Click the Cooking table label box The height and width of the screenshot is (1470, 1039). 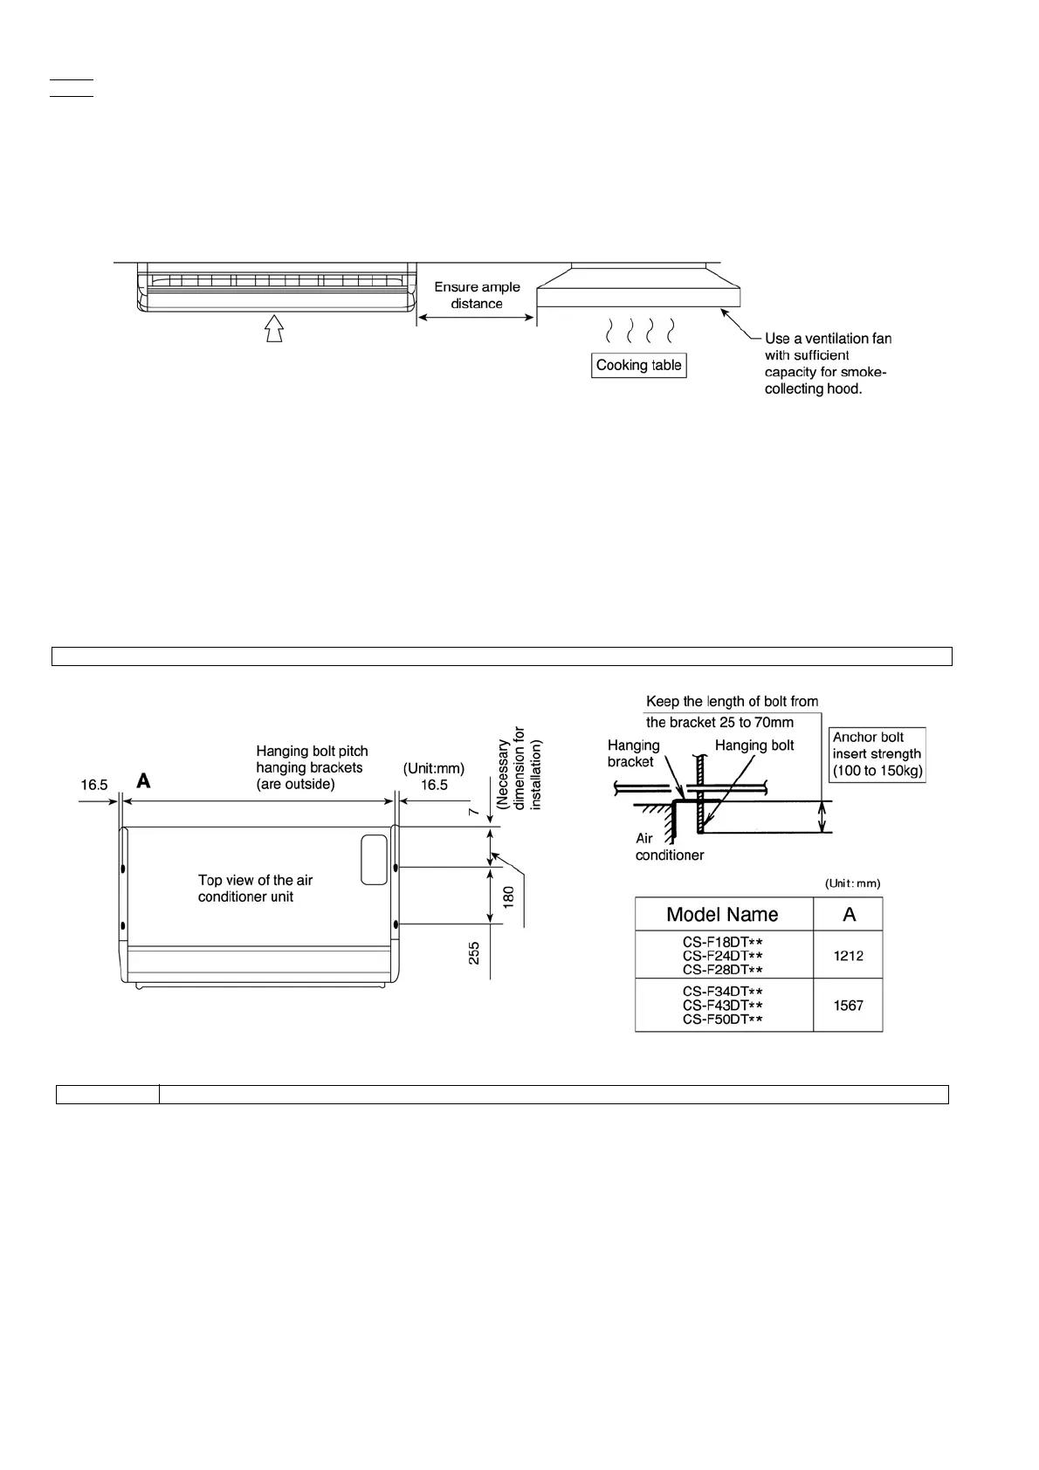(x=638, y=365)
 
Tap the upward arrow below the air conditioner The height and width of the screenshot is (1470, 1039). (x=274, y=328)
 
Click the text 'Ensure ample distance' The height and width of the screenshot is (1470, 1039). (x=477, y=295)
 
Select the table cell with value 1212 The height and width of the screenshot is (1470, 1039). (x=848, y=956)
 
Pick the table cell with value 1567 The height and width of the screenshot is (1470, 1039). (x=848, y=1006)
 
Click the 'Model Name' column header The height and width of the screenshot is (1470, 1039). (x=722, y=914)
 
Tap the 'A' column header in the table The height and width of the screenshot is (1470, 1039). (x=849, y=914)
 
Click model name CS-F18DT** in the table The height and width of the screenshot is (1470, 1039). (x=723, y=942)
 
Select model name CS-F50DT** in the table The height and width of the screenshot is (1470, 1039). (x=723, y=1020)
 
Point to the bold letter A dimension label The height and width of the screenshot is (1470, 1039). (x=143, y=781)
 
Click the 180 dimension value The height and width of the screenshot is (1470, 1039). (x=508, y=895)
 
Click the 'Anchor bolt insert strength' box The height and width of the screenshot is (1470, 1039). (x=877, y=754)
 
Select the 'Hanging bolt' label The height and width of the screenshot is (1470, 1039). (x=754, y=745)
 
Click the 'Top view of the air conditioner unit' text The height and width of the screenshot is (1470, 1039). (x=255, y=889)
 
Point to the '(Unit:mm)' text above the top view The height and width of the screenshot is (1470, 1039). (x=434, y=768)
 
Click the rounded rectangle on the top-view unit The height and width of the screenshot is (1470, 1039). (x=374, y=859)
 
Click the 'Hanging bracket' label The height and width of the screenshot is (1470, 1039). (x=633, y=753)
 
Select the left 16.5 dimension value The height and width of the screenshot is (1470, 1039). (x=94, y=785)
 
